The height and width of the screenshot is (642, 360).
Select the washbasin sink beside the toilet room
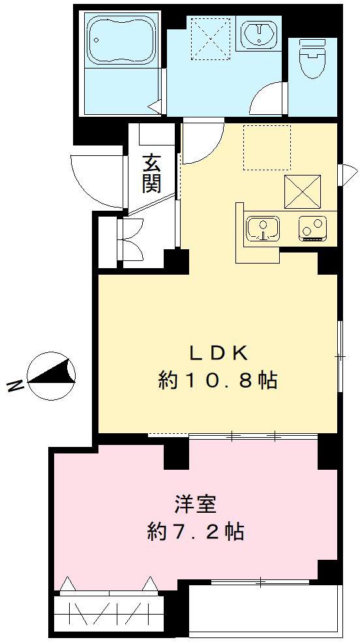(x=258, y=33)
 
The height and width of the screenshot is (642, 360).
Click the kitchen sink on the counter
(x=263, y=228)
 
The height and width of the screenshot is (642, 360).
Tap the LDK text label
(x=217, y=352)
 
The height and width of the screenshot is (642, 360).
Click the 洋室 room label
(x=196, y=505)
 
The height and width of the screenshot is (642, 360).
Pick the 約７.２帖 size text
(x=196, y=532)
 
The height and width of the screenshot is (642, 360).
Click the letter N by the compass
(x=14, y=386)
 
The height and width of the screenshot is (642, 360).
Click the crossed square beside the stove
(x=303, y=191)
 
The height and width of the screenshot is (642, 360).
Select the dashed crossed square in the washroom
(x=210, y=38)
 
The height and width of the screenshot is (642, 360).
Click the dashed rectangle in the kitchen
(x=267, y=147)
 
